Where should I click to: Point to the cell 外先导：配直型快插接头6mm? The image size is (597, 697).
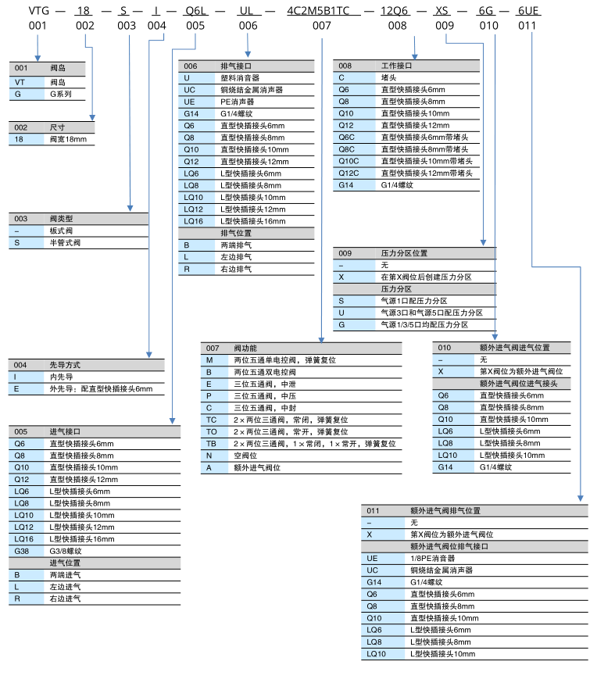[101, 388]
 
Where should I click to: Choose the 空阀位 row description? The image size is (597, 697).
[245, 455]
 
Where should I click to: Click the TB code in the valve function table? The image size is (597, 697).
[211, 443]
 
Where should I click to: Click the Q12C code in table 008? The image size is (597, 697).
[349, 173]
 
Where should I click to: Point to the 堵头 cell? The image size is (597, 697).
[388, 78]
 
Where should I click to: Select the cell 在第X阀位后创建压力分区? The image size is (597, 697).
[426, 277]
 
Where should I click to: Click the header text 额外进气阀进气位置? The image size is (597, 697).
[514, 348]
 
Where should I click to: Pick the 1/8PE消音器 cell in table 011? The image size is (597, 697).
[432, 558]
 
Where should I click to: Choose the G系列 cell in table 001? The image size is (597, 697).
[62, 93]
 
